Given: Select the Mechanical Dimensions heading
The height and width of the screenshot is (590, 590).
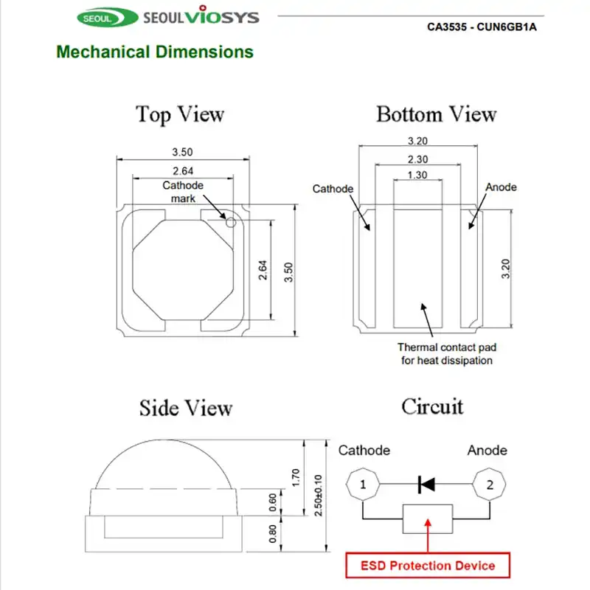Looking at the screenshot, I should pyautogui.click(x=155, y=52).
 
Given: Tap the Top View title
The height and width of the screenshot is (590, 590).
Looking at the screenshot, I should pyautogui.click(x=179, y=114).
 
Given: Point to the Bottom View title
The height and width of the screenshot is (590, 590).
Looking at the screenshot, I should pyautogui.click(x=436, y=114).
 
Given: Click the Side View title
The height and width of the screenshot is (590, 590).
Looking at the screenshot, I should pyautogui.click(x=186, y=408).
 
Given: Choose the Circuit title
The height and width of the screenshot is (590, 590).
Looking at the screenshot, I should pyautogui.click(x=432, y=406).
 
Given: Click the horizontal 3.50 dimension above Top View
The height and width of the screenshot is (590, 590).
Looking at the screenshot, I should pyautogui.click(x=182, y=152).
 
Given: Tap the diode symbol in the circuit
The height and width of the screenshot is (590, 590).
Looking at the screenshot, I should pyautogui.click(x=426, y=485).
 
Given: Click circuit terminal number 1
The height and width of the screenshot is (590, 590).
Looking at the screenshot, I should pyautogui.click(x=362, y=485).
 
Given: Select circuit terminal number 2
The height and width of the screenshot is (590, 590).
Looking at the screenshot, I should pyautogui.click(x=488, y=485).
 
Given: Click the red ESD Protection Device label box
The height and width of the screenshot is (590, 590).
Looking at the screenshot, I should pyautogui.click(x=427, y=566).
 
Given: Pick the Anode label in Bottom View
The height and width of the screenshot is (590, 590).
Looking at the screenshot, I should pyautogui.click(x=501, y=187).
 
